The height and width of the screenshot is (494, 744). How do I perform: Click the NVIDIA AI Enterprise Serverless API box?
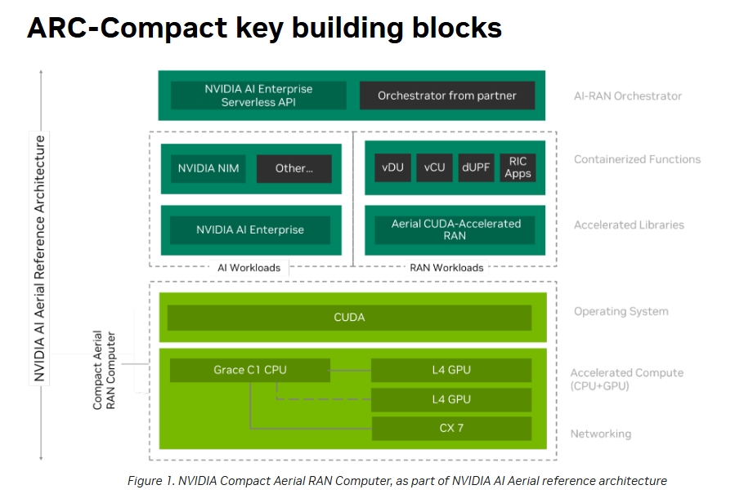258,96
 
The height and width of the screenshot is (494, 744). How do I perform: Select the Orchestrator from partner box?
447,96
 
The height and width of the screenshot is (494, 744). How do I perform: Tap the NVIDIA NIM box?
208,168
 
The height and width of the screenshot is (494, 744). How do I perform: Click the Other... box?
294,168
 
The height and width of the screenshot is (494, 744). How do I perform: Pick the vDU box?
393,167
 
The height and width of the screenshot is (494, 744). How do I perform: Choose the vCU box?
435,167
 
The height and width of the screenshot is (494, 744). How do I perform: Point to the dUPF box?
476,167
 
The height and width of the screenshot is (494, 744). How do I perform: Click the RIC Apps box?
518,167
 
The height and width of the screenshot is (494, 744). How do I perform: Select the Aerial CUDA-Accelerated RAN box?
455,230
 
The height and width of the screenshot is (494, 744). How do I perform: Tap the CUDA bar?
349,317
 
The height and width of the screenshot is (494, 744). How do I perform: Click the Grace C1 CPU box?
250,370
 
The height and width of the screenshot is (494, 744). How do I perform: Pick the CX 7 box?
451,428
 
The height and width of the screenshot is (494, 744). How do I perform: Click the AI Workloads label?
249,268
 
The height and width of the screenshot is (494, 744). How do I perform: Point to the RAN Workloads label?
446,268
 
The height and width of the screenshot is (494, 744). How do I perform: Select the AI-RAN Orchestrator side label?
628,96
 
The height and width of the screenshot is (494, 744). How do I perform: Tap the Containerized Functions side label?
637,159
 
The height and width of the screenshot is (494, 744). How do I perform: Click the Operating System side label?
621,311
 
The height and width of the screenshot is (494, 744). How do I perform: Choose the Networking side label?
601,434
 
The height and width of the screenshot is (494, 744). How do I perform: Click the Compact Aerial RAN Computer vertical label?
104,370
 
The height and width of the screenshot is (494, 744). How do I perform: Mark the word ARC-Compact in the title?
128,28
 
